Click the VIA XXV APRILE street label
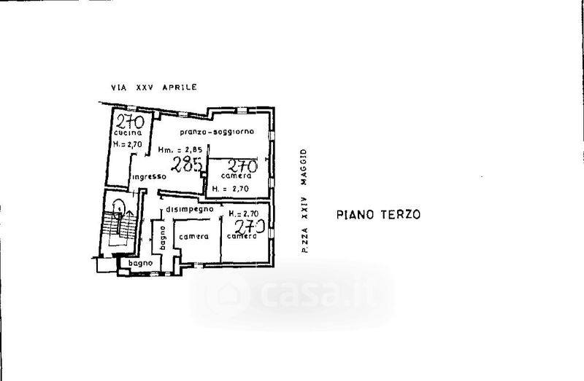point(153,87)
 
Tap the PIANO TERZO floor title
point(378,215)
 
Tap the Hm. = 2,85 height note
point(180,151)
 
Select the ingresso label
point(149,177)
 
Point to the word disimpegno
point(189,209)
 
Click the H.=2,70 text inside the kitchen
point(128,146)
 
